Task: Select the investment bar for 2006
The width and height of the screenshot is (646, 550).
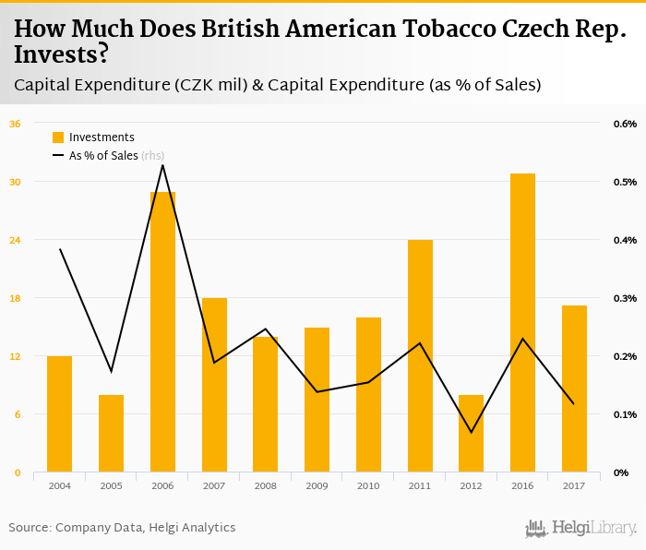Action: pyautogui.click(x=162, y=332)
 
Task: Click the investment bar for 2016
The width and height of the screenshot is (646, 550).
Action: pyautogui.click(x=522, y=323)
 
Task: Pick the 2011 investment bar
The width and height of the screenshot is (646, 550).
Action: pyautogui.click(x=420, y=356)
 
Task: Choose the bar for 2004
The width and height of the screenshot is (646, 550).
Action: pyautogui.click(x=59, y=414)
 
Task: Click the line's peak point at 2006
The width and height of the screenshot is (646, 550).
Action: pyautogui.click(x=162, y=165)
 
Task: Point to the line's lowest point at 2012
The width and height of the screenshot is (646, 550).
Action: pyautogui.click(x=471, y=432)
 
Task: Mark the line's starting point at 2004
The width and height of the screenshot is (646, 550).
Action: pyautogui.click(x=59, y=249)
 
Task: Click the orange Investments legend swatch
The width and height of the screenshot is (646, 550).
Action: pyautogui.click(x=58, y=137)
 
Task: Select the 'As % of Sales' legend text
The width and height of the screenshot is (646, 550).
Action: pyautogui.click(x=103, y=156)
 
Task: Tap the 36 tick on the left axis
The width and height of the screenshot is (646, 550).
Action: pyautogui.click(x=16, y=124)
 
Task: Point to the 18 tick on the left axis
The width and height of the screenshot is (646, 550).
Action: pyautogui.click(x=16, y=298)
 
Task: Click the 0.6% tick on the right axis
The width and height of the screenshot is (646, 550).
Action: pyautogui.click(x=625, y=124)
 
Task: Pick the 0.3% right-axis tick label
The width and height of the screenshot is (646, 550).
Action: pyautogui.click(x=625, y=298)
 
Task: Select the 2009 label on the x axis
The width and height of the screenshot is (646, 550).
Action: pyautogui.click(x=317, y=485)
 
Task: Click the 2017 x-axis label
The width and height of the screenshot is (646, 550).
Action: pyautogui.click(x=574, y=485)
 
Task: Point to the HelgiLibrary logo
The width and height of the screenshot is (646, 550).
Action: pyautogui.click(x=580, y=528)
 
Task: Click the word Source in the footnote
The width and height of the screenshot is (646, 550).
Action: pyautogui.click(x=30, y=528)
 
